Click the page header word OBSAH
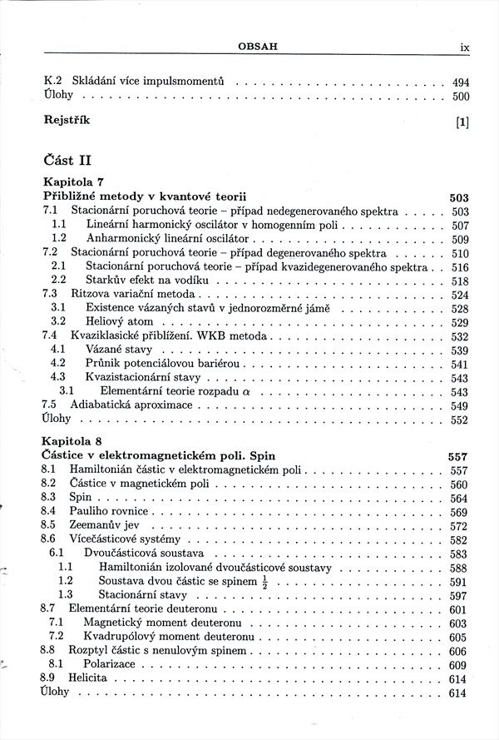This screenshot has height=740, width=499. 257,47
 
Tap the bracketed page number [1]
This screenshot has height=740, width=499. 462,122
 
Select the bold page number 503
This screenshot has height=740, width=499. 459,198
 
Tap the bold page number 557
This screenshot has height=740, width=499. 458,457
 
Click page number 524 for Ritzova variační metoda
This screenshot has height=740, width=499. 460,295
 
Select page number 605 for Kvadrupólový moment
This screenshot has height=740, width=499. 460,638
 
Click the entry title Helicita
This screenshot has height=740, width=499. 88,679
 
